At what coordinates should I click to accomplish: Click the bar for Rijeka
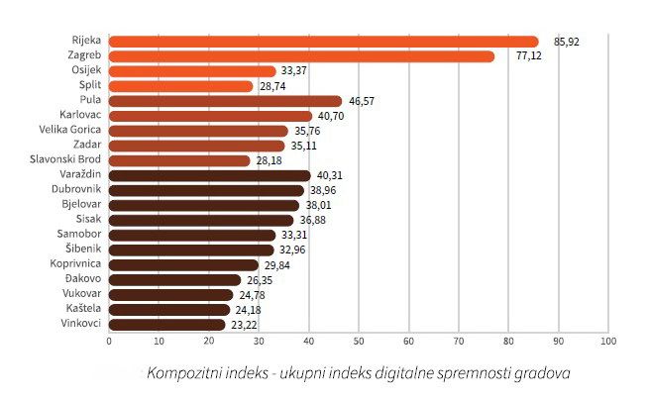[x=323, y=42]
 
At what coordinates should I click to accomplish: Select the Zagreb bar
[x=301, y=56]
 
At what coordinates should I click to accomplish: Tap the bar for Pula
[x=225, y=101]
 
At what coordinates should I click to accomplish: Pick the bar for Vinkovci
[x=166, y=324]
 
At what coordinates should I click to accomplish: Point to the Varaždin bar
[x=209, y=175]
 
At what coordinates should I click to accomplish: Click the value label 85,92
[x=567, y=42]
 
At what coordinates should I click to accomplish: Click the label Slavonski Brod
[x=66, y=160]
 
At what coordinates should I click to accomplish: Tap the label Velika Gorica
[x=68, y=131]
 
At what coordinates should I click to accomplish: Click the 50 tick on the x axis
[x=359, y=342]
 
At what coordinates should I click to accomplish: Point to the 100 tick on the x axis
[x=608, y=342]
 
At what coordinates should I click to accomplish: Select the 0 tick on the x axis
[x=109, y=342]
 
